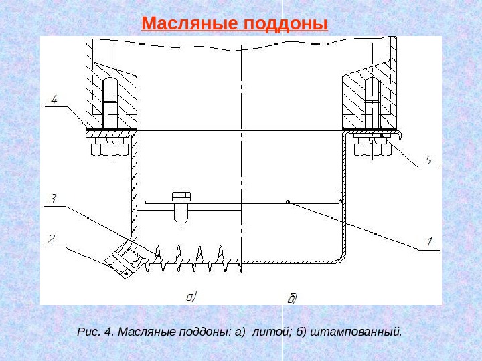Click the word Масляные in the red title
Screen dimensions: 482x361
pyautogui.click(x=189, y=25)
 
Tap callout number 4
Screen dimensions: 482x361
pyautogui.click(x=54, y=100)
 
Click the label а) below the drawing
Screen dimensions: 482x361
pyautogui.click(x=191, y=294)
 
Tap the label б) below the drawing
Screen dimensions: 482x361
pyautogui.click(x=292, y=296)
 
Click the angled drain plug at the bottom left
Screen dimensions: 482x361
pyautogui.click(x=123, y=261)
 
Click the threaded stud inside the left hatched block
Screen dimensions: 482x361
pyautogui.click(x=111, y=104)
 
